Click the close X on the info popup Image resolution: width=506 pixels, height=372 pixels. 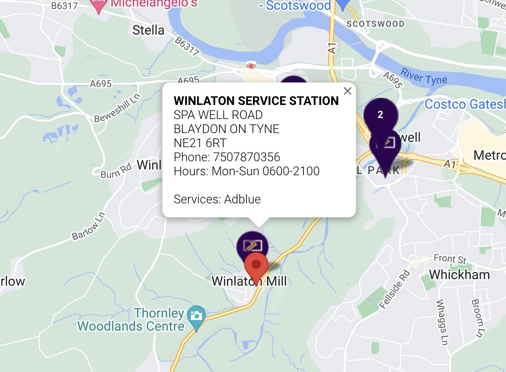[347, 91]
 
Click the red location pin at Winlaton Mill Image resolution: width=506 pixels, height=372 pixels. [256, 266]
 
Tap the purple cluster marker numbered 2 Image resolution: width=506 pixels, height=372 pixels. [380, 115]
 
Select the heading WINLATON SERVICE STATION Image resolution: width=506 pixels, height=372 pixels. [256, 101]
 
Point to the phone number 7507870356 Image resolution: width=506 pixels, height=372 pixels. [246, 157]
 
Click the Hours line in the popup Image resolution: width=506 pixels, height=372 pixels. [246, 171]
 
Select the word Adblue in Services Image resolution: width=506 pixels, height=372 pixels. [242, 199]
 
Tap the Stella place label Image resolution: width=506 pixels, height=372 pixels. [148, 30]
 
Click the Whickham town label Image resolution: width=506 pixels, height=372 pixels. [459, 275]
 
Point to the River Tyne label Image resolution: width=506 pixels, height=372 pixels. [424, 77]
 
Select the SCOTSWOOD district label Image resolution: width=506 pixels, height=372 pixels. [369, 23]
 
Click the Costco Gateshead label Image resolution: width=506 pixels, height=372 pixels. [465, 104]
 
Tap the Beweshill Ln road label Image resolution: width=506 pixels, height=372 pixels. [117, 111]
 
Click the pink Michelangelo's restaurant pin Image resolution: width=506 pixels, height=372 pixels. [98, 6]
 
